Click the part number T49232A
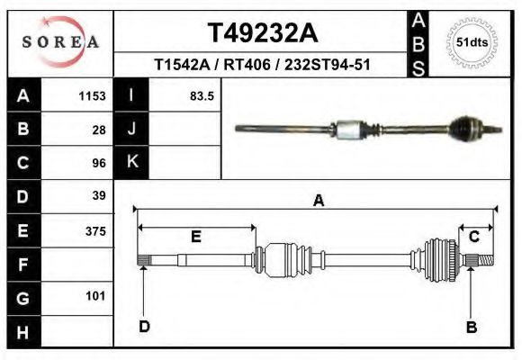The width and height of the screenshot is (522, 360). [x=263, y=33]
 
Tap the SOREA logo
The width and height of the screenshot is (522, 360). [x=60, y=42]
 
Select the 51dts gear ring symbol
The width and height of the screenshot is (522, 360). [x=472, y=42]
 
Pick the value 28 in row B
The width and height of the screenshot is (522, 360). [x=99, y=130]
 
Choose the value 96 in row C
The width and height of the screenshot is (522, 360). [x=99, y=164]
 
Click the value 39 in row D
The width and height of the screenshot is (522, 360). [x=99, y=195]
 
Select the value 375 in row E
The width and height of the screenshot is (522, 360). [x=95, y=231]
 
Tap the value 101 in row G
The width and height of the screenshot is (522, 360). [x=95, y=296]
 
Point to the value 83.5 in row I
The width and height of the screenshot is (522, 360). [x=201, y=96]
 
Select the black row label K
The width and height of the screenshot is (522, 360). [x=131, y=163]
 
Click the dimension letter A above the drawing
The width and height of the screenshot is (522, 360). [x=318, y=202]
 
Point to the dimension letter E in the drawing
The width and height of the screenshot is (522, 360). [x=195, y=237]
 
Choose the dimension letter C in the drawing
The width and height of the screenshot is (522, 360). [x=473, y=237]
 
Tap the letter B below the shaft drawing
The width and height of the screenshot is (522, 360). [x=471, y=328]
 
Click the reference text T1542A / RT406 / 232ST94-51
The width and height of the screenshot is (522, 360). [x=263, y=65]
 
